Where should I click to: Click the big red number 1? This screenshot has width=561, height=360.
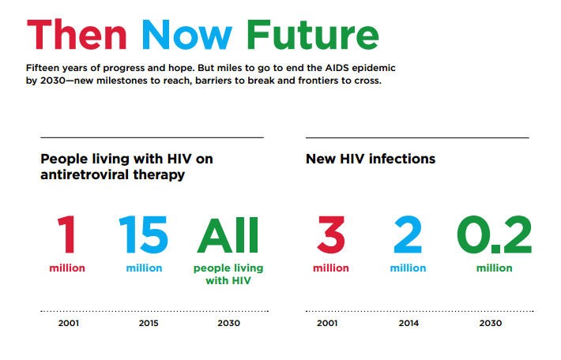[67, 234]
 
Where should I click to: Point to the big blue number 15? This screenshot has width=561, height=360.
[144, 234]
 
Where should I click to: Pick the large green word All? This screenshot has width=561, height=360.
[228, 234]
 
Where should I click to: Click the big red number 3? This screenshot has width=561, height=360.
[330, 234]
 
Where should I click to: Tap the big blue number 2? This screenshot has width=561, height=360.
[407, 234]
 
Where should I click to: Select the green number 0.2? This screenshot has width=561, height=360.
[494, 234]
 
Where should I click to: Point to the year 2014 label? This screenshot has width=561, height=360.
[408, 324]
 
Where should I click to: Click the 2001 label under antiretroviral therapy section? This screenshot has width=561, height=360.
[69, 324]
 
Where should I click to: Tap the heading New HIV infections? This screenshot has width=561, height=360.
[370, 159]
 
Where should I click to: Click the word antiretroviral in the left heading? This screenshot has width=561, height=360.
[86, 174]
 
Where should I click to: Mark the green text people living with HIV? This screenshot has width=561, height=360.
[228, 274]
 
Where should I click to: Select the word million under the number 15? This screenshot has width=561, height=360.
[144, 268]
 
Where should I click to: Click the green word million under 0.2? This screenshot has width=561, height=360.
[494, 268]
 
